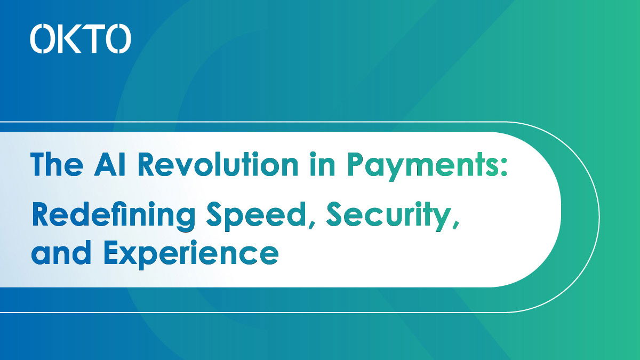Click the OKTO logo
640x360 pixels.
pos(81,38)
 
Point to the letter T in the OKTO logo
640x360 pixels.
pos(92,38)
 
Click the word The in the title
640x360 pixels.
pos(57,165)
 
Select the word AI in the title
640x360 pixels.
pos(109,165)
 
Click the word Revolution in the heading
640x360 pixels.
pos(218,165)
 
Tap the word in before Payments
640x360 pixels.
pos(322,165)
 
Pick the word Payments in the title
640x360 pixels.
pos(423,167)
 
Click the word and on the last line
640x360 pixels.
pos(61,252)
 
